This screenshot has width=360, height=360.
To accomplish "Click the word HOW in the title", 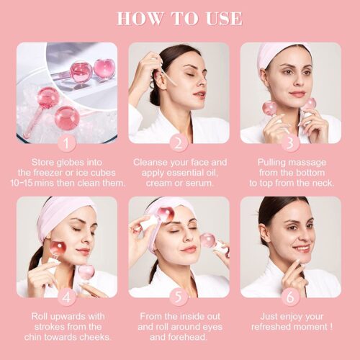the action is (x=140, y=19).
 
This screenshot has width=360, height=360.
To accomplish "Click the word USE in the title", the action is (x=224, y=19).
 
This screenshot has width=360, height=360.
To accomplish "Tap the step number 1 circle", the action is (x=67, y=143).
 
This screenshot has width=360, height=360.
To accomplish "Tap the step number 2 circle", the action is (x=179, y=143).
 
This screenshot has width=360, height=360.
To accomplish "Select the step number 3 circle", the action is (x=291, y=143).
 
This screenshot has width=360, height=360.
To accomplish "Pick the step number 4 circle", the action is (x=67, y=297).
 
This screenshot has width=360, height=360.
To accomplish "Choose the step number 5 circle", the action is (x=179, y=297).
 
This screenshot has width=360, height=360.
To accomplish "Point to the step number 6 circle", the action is (x=291, y=297).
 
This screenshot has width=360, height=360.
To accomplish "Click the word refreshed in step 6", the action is (x=271, y=327).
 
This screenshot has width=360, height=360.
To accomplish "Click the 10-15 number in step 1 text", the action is (x=22, y=183).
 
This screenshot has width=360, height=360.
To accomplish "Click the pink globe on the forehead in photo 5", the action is (x=165, y=215).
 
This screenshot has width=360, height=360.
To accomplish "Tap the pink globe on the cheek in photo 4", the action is (x=57, y=249).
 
